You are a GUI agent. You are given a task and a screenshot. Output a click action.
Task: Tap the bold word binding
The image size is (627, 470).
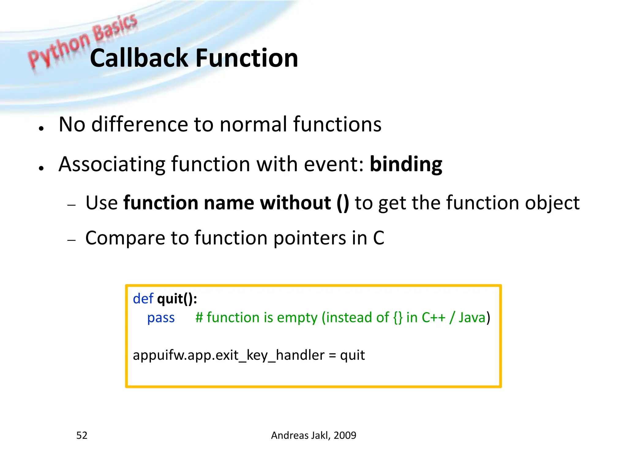(x=406, y=164)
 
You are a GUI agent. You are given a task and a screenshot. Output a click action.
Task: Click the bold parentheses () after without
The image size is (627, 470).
(x=343, y=203)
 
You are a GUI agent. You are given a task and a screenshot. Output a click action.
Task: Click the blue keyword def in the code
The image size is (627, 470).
(x=143, y=299)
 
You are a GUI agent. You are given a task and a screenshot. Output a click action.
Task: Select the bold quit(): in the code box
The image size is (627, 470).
(x=177, y=299)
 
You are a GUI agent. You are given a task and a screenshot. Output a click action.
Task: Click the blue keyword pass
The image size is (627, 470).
(x=161, y=318)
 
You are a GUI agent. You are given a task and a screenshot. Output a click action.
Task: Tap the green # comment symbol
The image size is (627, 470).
(x=199, y=318)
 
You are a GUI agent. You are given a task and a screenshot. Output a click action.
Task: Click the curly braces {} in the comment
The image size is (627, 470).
(x=398, y=318)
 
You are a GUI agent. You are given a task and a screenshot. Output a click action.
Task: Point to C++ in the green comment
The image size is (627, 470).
(x=433, y=318)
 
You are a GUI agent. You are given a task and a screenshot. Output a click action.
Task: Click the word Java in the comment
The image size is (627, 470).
(x=472, y=318)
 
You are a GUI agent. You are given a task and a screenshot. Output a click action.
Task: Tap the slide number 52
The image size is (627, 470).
(x=82, y=435)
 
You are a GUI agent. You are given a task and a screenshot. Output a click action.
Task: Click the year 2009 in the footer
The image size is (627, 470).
(x=345, y=435)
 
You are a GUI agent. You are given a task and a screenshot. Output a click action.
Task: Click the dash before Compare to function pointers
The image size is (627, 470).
(x=71, y=240)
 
